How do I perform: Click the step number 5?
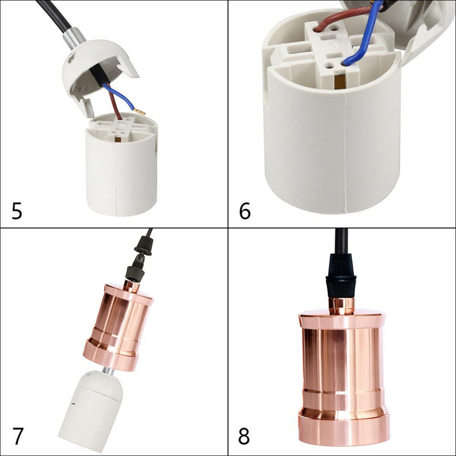click(17, 210)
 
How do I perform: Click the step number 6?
click(245, 210)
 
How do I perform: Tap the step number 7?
click(18, 436)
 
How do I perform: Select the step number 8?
click(244, 436)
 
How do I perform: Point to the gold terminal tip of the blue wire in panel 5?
click(140, 111)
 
